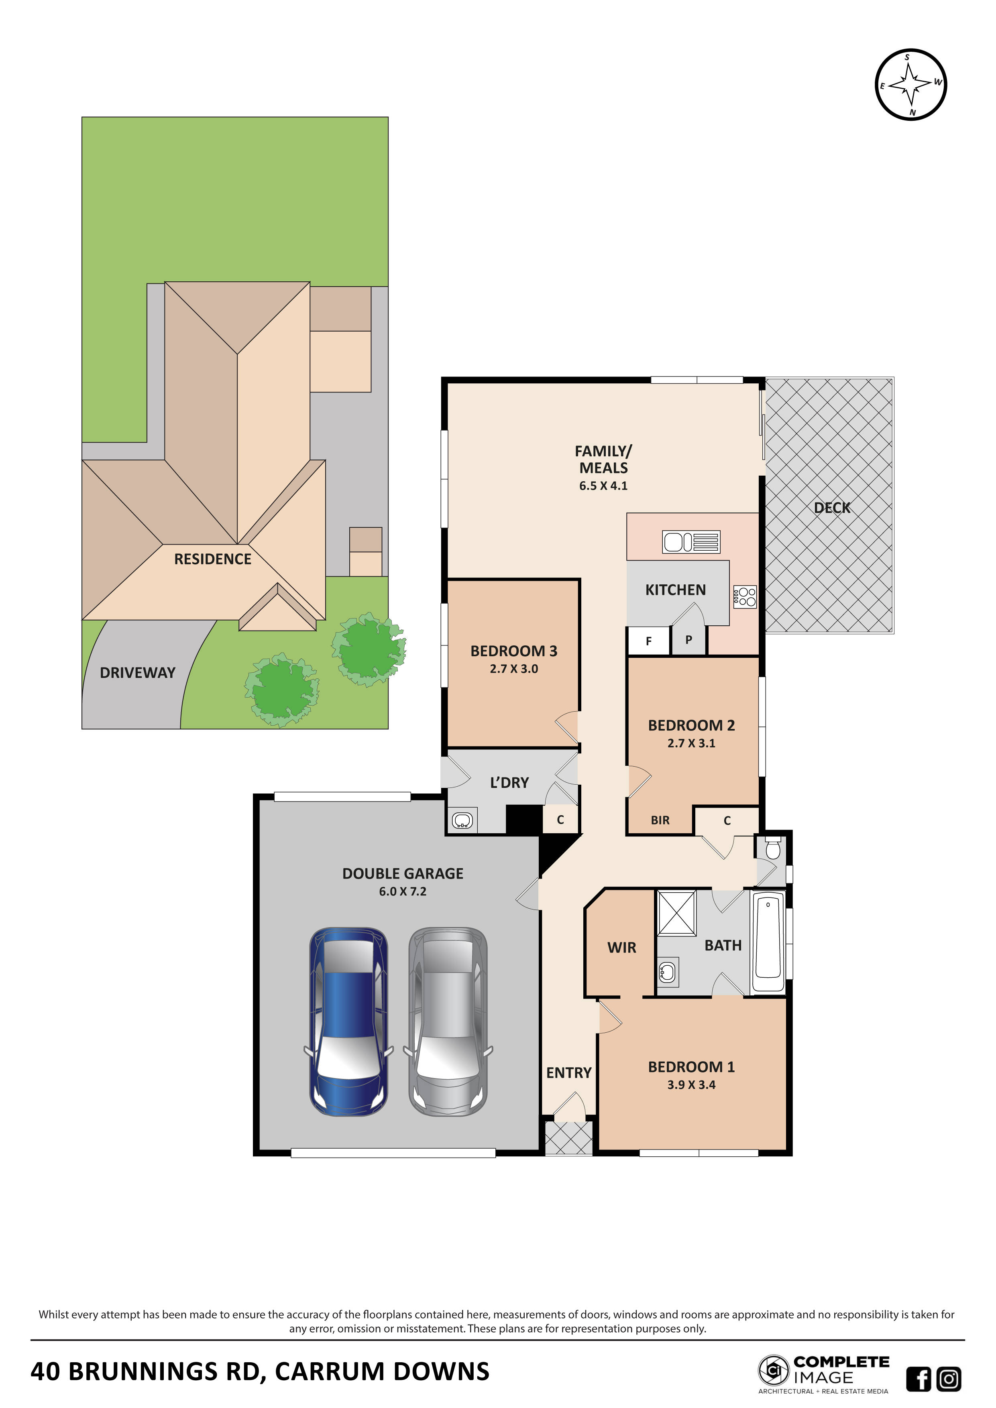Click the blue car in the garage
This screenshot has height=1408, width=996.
(x=348, y=1021)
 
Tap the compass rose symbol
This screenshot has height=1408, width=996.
(x=911, y=85)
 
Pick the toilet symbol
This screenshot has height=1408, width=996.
(x=773, y=849)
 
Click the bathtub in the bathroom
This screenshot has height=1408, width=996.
(x=768, y=944)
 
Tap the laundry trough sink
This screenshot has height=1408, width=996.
(x=462, y=820)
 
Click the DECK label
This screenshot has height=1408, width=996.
(x=832, y=508)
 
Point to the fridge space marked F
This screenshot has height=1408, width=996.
(x=649, y=641)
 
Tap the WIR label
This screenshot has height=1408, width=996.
(x=622, y=948)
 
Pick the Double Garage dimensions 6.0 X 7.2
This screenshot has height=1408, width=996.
(x=402, y=892)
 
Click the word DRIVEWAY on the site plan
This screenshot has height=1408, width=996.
(x=137, y=673)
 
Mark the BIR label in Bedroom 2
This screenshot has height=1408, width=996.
(x=660, y=820)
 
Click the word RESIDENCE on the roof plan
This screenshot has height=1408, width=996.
(x=213, y=559)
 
